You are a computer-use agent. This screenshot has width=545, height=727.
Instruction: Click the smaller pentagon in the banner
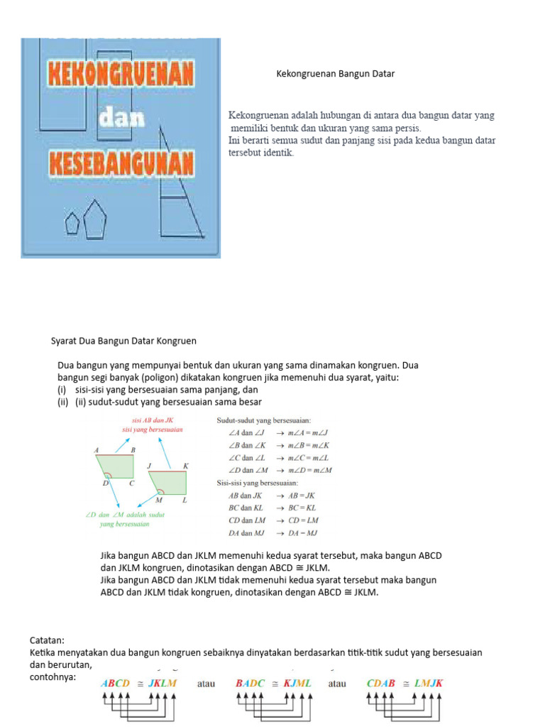point(72,224)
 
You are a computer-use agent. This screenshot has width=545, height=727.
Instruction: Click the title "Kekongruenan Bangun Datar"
point(335,73)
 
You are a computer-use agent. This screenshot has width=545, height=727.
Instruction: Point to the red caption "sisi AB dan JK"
point(153,420)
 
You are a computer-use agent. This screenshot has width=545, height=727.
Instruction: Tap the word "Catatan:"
point(48,640)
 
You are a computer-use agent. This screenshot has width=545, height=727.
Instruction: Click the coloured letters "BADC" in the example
point(251,683)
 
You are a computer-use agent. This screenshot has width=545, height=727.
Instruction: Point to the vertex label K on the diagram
point(186,466)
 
